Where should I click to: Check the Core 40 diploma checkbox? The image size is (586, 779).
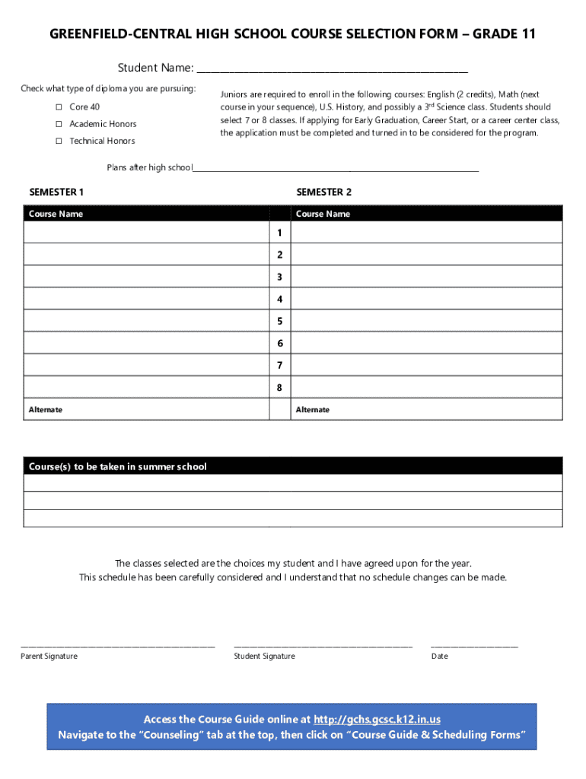[x=58, y=107]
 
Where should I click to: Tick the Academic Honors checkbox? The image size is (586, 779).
[x=58, y=124]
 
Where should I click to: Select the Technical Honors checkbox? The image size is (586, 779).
[x=58, y=141]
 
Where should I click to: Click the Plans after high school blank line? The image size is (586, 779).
[x=336, y=170]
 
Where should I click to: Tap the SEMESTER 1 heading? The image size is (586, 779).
[x=56, y=192]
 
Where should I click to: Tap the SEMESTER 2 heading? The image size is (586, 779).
[x=323, y=192]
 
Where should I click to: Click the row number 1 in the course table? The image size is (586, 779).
[x=280, y=232]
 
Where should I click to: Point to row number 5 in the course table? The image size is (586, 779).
[x=280, y=321]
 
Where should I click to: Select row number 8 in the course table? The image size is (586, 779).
[x=280, y=387]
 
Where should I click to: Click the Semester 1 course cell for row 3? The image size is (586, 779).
[x=146, y=276]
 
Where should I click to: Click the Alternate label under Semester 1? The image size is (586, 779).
[x=46, y=410]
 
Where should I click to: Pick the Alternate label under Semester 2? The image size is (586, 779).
[x=313, y=410]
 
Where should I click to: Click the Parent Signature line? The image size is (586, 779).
[x=118, y=645]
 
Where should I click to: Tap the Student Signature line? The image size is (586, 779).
[x=323, y=645]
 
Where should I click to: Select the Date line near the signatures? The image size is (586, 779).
[x=474, y=645]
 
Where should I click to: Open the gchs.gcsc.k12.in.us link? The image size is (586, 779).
[x=377, y=720]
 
